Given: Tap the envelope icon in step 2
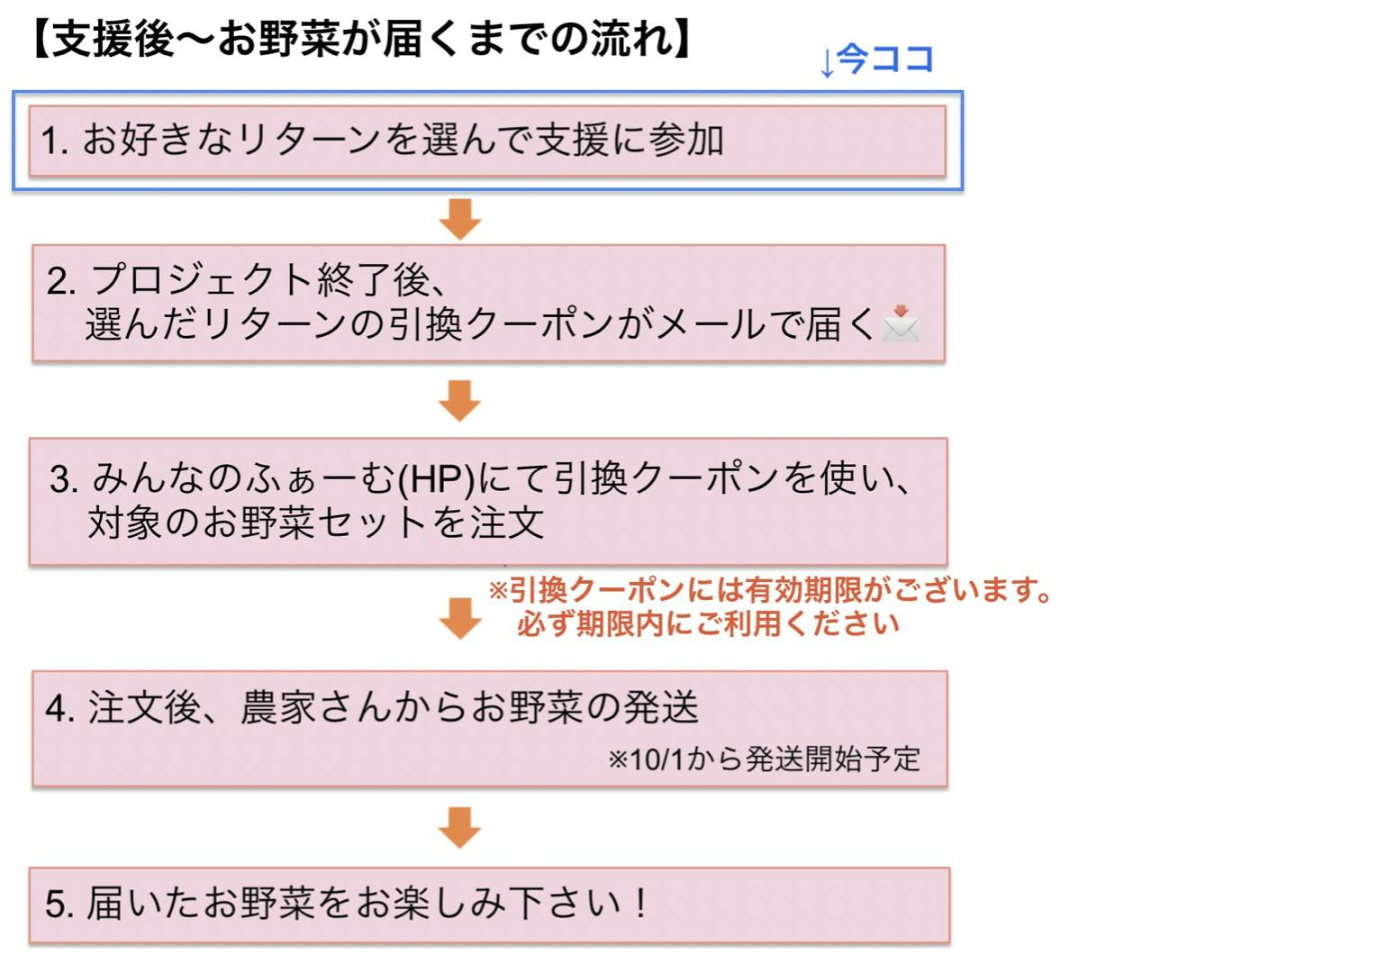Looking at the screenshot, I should (901, 323).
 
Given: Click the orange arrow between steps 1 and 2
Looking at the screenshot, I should (460, 219).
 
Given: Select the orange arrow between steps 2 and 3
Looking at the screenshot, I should (460, 400).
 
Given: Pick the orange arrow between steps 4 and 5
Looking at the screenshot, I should (460, 827).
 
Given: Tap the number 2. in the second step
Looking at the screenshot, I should (61, 281).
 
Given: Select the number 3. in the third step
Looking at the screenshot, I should (64, 479).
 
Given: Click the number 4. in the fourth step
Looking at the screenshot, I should (59, 708).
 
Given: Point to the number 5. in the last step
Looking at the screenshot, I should (59, 904).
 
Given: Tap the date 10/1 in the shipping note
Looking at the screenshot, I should (657, 759).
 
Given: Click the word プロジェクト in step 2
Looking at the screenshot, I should (203, 280).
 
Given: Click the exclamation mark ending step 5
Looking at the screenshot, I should (640, 902).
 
